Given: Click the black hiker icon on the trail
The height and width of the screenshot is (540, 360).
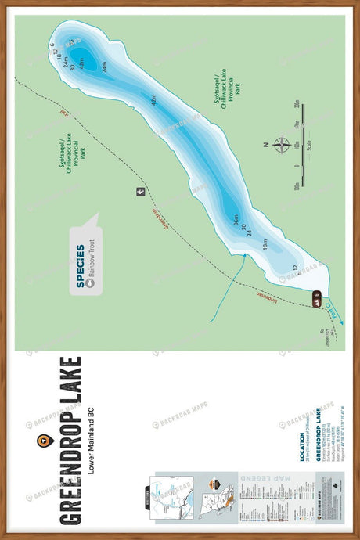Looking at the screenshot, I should (x=141, y=191).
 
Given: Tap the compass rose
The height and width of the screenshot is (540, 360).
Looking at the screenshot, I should (x=283, y=145).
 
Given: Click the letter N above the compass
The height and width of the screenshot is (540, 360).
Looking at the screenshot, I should (x=266, y=145).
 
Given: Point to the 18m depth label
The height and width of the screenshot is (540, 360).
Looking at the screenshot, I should (x=265, y=244).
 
